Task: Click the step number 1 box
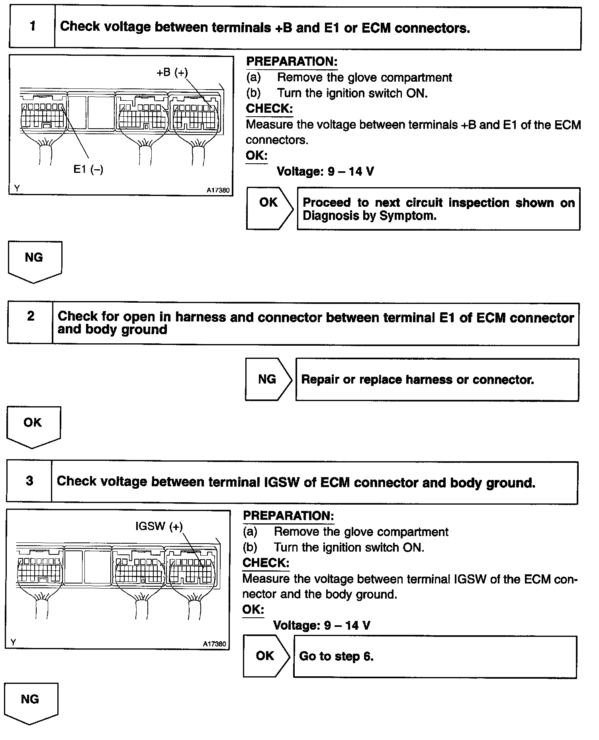(x=32, y=27)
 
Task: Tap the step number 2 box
(x=30, y=323)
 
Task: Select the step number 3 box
(x=29, y=481)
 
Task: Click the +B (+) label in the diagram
(x=172, y=72)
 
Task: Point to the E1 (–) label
(x=88, y=169)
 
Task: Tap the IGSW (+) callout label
(x=159, y=526)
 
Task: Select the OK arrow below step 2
(x=34, y=427)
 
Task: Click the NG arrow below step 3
(x=31, y=703)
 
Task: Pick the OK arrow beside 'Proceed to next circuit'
(x=270, y=208)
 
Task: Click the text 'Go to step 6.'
(x=336, y=656)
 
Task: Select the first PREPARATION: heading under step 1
(x=292, y=62)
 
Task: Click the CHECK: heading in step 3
(x=266, y=563)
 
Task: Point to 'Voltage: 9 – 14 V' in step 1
(x=325, y=172)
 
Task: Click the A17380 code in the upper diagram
(x=218, y=190)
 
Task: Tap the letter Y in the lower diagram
(x=13, y=642)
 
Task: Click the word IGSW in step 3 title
(x=282, y=482)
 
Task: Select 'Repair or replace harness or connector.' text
(x=417, y=380)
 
